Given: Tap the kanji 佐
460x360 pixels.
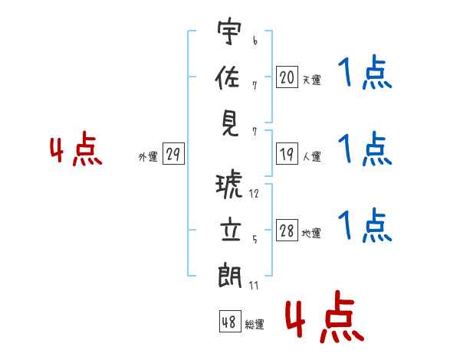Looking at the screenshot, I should [229, 77].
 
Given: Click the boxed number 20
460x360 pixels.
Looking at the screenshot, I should [287, 77].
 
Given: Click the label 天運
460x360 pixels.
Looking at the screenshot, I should [311, 80].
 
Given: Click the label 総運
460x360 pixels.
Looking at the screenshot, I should [255, 325].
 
